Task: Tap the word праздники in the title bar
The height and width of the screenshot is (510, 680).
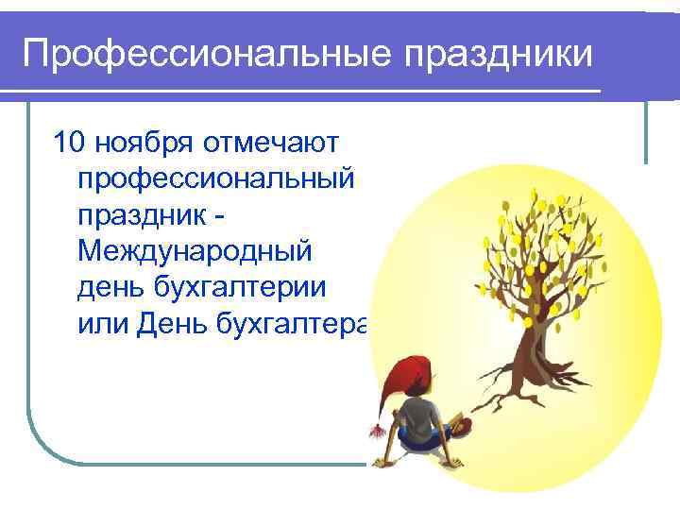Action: (501, 54)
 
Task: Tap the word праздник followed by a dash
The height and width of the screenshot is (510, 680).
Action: (142, 216)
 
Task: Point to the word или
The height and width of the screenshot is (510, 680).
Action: (104, 324)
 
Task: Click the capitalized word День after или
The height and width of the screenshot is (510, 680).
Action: (175, 324)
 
